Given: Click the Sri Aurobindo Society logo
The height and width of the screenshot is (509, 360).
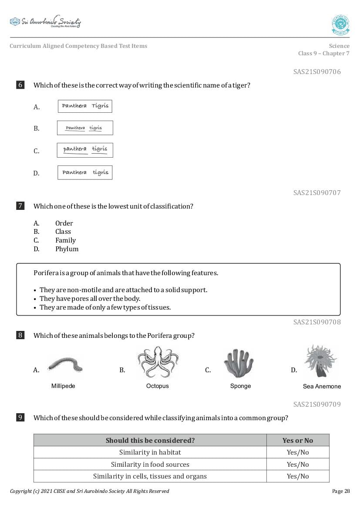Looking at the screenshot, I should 45,22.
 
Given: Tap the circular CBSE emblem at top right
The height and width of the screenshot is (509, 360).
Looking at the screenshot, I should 340,25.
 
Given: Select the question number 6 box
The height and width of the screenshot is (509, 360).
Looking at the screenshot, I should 20,85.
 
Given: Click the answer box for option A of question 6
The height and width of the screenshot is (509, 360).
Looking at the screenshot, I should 85,106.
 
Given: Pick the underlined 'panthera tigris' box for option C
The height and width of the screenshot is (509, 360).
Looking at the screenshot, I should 85,150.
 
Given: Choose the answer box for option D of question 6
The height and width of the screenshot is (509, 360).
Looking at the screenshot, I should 85,172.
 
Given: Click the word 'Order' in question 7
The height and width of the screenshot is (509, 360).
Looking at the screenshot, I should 64,223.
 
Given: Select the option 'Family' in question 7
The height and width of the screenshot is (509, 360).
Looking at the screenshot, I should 65,240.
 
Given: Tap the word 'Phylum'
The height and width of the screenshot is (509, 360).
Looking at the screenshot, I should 67,249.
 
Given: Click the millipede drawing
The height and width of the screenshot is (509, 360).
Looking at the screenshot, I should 64,364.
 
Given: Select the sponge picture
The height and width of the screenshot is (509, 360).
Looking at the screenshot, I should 239,363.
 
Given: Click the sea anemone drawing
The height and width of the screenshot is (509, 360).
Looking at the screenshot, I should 320,361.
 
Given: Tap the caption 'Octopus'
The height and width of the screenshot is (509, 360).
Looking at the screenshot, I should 157,386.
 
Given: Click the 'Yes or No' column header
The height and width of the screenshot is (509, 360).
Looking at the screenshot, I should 297,440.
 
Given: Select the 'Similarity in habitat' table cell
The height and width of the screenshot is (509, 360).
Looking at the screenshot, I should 150,452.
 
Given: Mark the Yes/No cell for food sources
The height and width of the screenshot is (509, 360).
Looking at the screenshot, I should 297,465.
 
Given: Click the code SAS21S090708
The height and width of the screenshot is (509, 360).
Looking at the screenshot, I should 316,322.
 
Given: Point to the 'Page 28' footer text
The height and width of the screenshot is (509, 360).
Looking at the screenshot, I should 340,491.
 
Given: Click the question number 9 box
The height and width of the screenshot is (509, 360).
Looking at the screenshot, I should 20,418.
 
